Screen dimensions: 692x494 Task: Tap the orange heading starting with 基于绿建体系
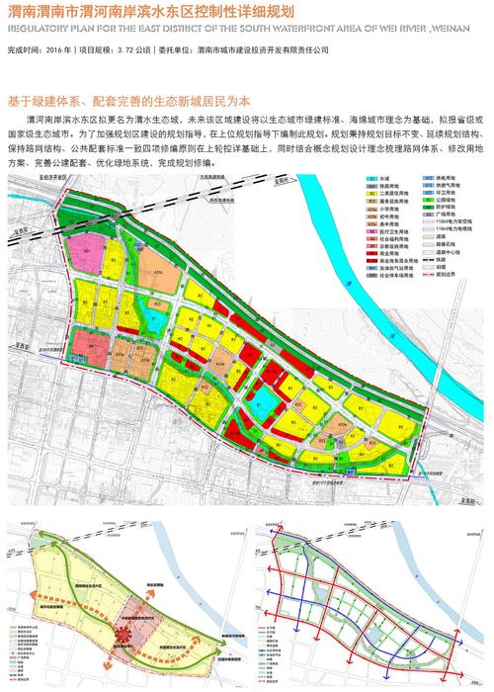click(x=128, y=100)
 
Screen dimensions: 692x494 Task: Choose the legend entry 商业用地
click(x=384, y=252)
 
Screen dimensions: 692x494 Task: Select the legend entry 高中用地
click(x=384, y=224)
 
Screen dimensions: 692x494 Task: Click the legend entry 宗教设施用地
click(x=387, y=245)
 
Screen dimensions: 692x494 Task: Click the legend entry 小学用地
click(x=384, y=210)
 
